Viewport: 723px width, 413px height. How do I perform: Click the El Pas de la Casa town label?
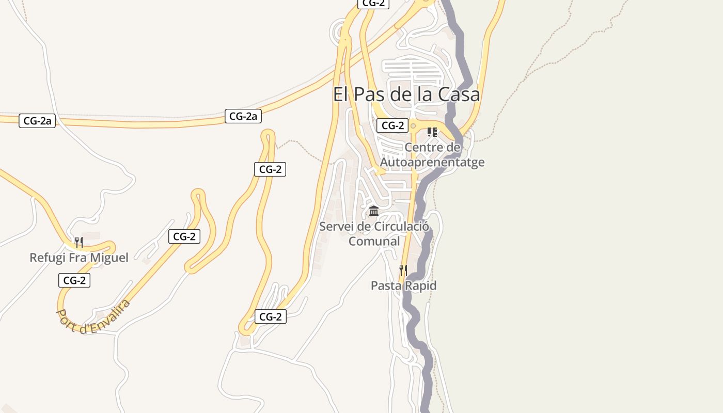point(406,94)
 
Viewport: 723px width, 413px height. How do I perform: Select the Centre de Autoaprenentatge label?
point(432,155)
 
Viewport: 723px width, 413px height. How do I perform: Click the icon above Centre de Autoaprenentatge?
point(432,132)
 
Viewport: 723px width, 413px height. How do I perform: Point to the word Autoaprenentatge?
point(432,162)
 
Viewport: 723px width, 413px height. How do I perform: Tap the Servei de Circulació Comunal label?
point(374,234)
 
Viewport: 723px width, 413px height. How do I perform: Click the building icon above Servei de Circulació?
point(374,211)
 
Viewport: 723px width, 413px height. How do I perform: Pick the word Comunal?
point(374,241)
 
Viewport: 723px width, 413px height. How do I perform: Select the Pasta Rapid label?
point(403,285)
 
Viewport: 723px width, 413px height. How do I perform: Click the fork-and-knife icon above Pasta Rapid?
point(403,270)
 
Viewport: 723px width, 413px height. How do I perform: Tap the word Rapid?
point(420,285)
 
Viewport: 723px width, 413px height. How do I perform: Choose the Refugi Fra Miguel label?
point(78,258)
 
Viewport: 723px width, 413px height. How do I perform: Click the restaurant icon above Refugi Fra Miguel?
point(79,242)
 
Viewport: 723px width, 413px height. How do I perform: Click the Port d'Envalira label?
point(93,316)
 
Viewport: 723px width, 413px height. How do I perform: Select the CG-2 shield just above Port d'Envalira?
point(74,280)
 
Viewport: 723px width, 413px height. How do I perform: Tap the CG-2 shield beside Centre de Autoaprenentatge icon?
point(392,125)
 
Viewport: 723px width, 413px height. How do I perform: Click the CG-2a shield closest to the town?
point(243,116)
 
